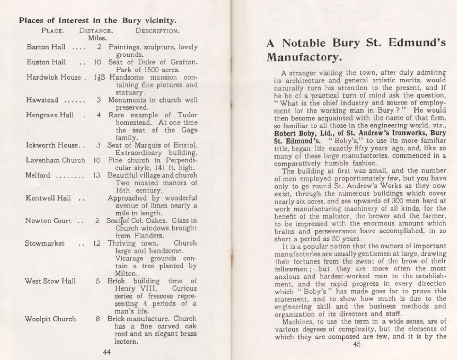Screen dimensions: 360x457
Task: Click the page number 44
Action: (x=107, y=352)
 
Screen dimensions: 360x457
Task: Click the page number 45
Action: (x=357, y=345)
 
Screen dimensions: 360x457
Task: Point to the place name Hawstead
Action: (x=43, y=100)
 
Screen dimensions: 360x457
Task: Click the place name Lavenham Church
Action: (x=55, y=160)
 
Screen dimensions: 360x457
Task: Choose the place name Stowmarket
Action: (x=45, y=243)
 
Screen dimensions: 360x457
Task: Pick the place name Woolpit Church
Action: (x=51, y=319)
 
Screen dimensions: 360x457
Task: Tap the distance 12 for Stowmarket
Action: (x=97, y=243)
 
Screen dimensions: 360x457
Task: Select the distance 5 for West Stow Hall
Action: (x=98, y=281)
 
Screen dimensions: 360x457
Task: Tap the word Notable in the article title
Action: (x=313, y=42)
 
